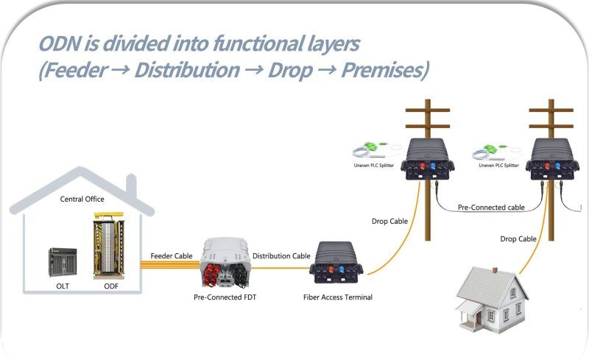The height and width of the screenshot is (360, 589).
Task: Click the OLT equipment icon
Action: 63,262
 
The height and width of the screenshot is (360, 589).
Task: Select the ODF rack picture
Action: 109,245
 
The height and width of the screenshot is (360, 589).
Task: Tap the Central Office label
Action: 82,200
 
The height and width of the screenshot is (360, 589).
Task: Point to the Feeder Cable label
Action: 172,256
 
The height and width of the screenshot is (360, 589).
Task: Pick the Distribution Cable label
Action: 281,256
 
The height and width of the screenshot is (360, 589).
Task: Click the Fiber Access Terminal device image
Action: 336,263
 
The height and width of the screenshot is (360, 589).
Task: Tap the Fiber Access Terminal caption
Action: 338,297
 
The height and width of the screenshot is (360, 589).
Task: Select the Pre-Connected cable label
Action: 491,208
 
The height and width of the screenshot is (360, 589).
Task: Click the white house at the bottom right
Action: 492,300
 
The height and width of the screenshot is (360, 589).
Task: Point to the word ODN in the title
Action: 59,43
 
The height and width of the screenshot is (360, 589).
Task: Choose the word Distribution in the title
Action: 187,70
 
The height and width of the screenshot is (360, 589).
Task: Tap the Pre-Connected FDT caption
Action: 225,297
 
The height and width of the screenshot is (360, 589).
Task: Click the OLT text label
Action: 63,286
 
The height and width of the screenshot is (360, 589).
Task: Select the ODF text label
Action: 111,286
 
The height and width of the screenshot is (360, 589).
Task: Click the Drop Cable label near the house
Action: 518,239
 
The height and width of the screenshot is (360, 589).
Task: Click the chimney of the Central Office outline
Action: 131,186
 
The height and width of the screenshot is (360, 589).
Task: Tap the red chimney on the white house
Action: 495,270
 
